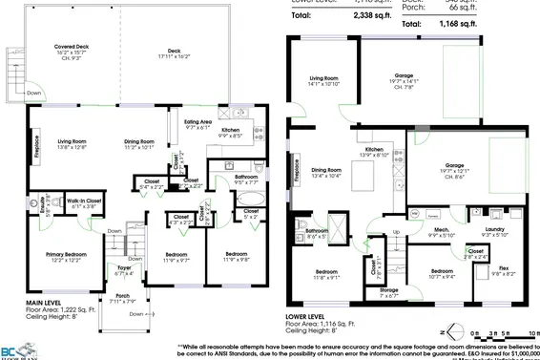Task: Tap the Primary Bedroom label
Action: point(69,255)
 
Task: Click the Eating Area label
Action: point(197,123)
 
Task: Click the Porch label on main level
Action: point(123,298)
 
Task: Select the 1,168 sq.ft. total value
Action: point(508,16)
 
